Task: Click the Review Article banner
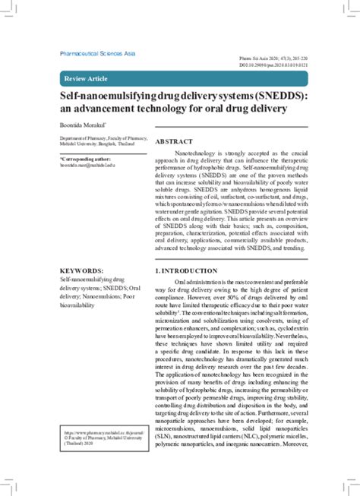coord(88,78)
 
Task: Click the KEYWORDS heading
coord(82,270)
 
